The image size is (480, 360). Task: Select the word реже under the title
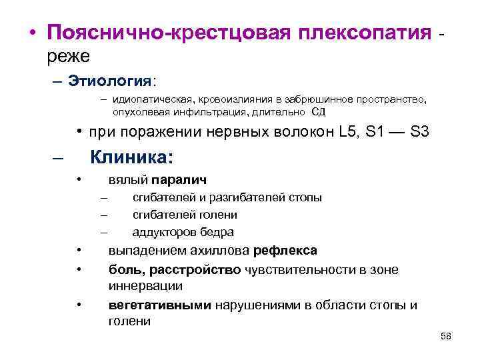[68, 57]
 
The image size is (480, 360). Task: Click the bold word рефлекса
[285, 251]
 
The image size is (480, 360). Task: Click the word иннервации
[145, 285]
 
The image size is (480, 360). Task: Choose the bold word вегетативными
[159, 305]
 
